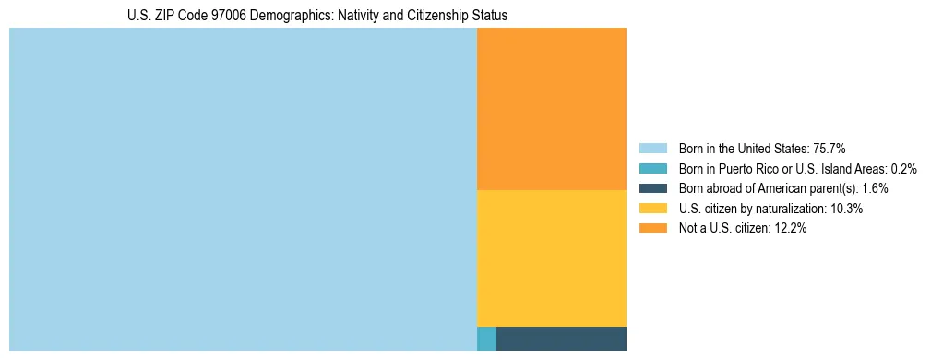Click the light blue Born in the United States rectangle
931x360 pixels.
pyautogui.click(x=243, y=189)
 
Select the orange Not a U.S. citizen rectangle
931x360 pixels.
pyautogui.click(x=552, y=109)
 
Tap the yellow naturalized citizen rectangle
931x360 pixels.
pyautogui.click(x=552, y=258)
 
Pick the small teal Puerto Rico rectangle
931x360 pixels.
pyautogui.click(x=486, y=339)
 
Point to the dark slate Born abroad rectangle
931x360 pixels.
pyautogui.click(x=561, y=339)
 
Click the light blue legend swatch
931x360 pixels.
pyautogui.click(x=652, y=148)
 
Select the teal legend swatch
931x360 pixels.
pyautogui.click(x=652, y=168)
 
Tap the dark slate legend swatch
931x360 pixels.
pyautogui.click(x=652, y=188)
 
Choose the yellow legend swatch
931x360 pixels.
pyautogui.click(x=652, y=209)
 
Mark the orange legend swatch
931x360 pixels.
pyautogui.click(x=652, y=229)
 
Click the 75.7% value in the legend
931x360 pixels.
pyautogui.click(x=830, y=148)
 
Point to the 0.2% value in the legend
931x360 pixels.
pyautogui.click(x=903, y=168)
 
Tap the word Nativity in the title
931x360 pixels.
pyautogui.click(x=362, y=16)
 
